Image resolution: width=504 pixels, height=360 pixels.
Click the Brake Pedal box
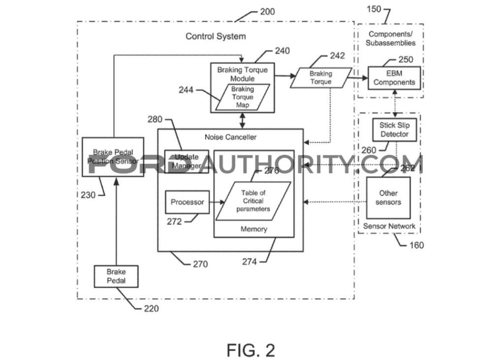pos(116,276)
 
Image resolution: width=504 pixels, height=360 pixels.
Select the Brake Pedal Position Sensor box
pos(106,156)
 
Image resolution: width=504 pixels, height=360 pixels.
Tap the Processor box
pos(187,202)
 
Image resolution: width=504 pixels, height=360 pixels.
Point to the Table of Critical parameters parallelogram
pos(253,201)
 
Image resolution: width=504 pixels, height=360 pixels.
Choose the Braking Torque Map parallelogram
pos(242,97)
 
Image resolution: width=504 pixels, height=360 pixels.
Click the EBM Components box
pos(394,78)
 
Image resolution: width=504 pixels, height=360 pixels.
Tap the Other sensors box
pos(388,198)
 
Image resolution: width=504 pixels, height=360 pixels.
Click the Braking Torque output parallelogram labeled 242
pos(321,78)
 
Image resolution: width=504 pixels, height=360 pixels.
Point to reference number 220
pos(151,309)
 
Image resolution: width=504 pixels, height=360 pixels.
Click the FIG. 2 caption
pos(251,350)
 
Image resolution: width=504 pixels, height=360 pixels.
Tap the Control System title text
pos(216,36)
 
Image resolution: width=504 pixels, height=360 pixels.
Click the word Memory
pos(254,229)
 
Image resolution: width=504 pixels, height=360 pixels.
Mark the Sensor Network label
pos(389,226)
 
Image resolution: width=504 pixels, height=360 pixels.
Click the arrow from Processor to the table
pos(217,202)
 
